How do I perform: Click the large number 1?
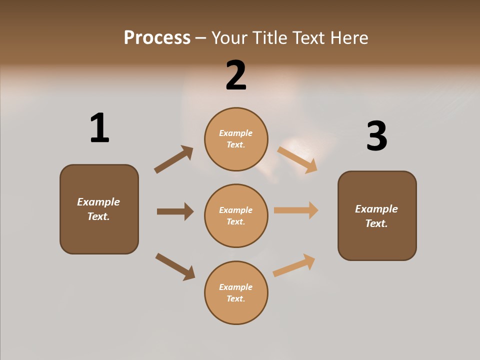point(99,128)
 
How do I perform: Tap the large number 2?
point(236,75)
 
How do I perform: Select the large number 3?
point(376,136)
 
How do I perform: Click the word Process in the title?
point(157,37)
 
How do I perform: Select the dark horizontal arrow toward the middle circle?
point(175,211)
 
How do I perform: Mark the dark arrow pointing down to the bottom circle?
point(175,266)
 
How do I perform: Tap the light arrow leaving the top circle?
point(297,159)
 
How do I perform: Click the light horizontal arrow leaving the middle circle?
point(296,210)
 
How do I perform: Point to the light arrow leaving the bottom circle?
point(294,265)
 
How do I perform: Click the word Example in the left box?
point(98,202)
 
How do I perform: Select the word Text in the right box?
point(376,223)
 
